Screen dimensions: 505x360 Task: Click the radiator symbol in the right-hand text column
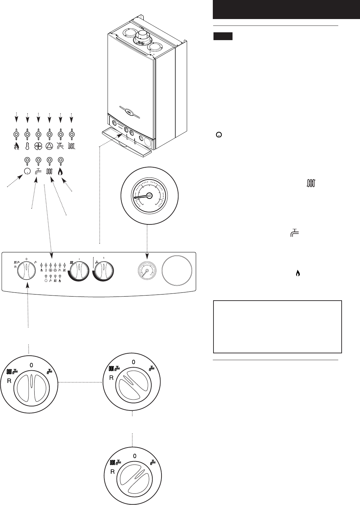point(311,184)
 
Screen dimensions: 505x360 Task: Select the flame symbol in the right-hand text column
point(298,273)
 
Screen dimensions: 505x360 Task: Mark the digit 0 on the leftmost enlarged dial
point(31,365)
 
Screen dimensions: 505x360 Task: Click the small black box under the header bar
point(223,36)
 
